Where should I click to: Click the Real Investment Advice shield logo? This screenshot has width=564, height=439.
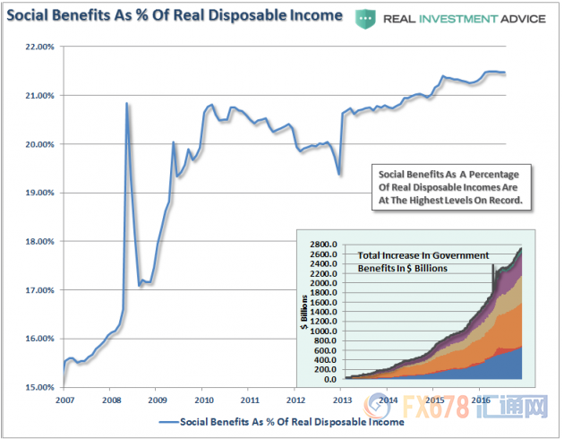(x=366, y=17)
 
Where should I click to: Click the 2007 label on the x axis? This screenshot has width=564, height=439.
(x=63, y=400)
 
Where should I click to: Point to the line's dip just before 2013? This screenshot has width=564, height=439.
(x=339, y=174)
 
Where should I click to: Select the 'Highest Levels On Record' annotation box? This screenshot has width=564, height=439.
(x=451, y=186)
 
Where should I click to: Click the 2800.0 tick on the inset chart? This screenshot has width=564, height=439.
(x=322, y=244)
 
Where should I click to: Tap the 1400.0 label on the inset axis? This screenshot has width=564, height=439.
(x=322, y=312)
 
